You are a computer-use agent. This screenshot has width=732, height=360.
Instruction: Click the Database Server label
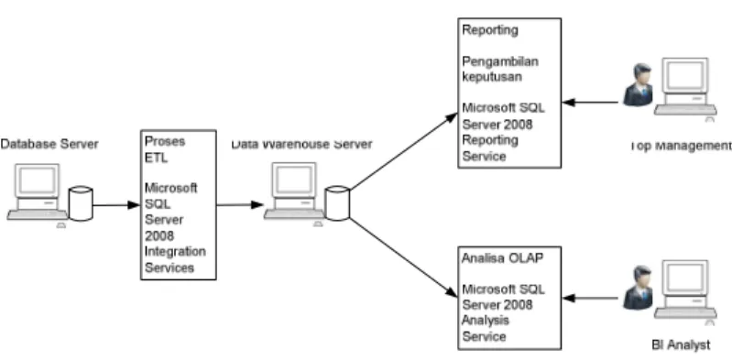49,144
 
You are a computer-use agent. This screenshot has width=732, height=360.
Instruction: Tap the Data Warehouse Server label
302,144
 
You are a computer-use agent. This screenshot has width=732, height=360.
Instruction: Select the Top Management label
681,147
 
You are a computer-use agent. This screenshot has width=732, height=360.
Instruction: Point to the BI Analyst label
681,345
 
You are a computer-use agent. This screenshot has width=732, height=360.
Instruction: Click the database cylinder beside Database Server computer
81,203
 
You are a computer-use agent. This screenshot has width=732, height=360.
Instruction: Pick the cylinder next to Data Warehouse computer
337,203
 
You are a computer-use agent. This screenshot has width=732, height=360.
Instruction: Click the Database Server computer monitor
37,180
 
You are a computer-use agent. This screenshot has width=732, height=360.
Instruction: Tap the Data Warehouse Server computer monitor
294,180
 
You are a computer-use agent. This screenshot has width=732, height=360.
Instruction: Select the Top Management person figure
639,85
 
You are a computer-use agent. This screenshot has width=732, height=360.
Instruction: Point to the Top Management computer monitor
685,76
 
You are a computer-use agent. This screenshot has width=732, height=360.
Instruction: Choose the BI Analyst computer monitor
685,278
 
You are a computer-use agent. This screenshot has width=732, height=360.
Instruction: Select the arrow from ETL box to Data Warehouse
240,204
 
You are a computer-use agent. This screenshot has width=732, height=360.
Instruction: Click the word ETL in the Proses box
156,158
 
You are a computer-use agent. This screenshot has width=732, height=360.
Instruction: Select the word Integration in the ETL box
175,251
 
